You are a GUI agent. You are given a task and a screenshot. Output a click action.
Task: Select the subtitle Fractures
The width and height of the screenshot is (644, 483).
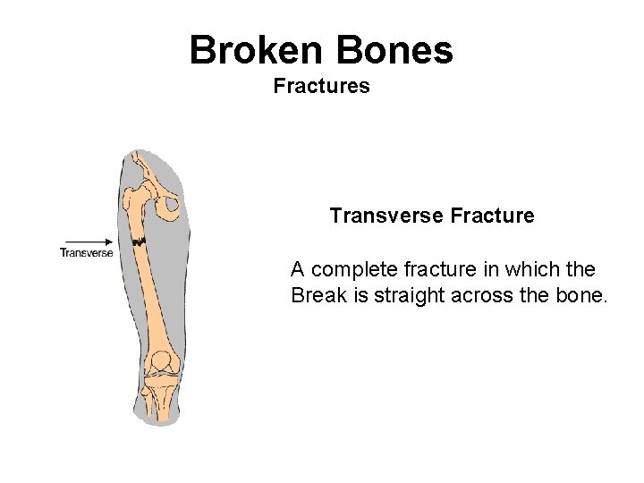[x=321, y=87]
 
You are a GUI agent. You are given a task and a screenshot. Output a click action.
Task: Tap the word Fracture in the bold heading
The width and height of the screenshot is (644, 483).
[x=493, y=216]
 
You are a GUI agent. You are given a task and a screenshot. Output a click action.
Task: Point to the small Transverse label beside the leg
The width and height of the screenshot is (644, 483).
[x=86, y=252]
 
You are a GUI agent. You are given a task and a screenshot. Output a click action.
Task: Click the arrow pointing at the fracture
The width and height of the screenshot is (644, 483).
[x=86, y=241]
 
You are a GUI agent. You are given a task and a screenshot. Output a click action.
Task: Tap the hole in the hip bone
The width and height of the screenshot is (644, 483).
[x=169, y=207]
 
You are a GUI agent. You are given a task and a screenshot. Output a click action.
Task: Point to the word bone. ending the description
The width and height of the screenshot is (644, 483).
[x=582, y=295]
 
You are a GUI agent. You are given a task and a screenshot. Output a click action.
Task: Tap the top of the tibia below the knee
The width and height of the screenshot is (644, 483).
[x=162, y=384]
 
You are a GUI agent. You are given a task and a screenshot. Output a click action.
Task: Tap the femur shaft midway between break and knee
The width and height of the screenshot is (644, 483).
[x=148, y=295]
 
